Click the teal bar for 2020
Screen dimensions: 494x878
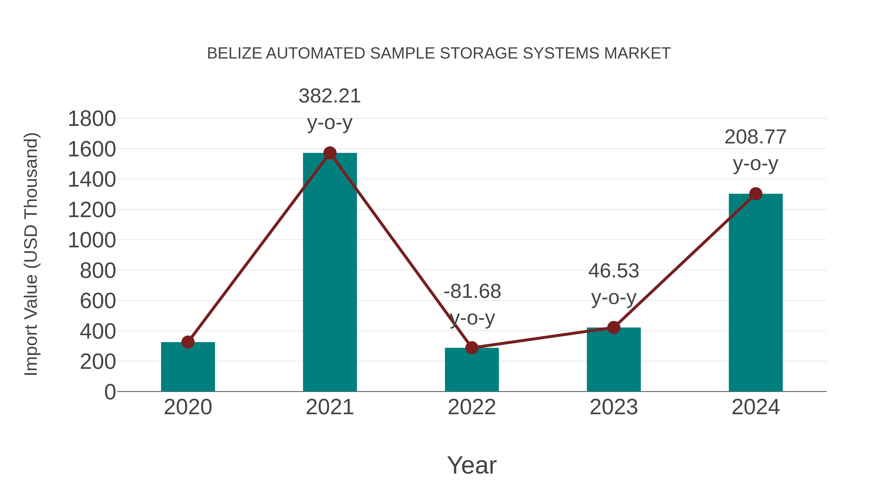pos(188,368)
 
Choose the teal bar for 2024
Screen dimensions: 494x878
pos(756,293)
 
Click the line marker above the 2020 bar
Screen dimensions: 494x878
pos(188,342)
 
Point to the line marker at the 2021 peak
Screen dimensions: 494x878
pos(329,153)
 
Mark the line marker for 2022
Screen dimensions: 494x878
pos(472,348)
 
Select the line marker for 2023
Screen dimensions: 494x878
pos(614,328)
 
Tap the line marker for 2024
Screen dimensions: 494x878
pos(756,194)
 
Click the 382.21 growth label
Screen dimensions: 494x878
pos(329,96)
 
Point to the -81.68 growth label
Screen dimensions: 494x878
pos(472,292)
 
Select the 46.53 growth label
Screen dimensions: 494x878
pos(614,271)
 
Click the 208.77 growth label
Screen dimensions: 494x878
pos(755,137)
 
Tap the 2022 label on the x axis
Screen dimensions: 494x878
pos(472,407)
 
